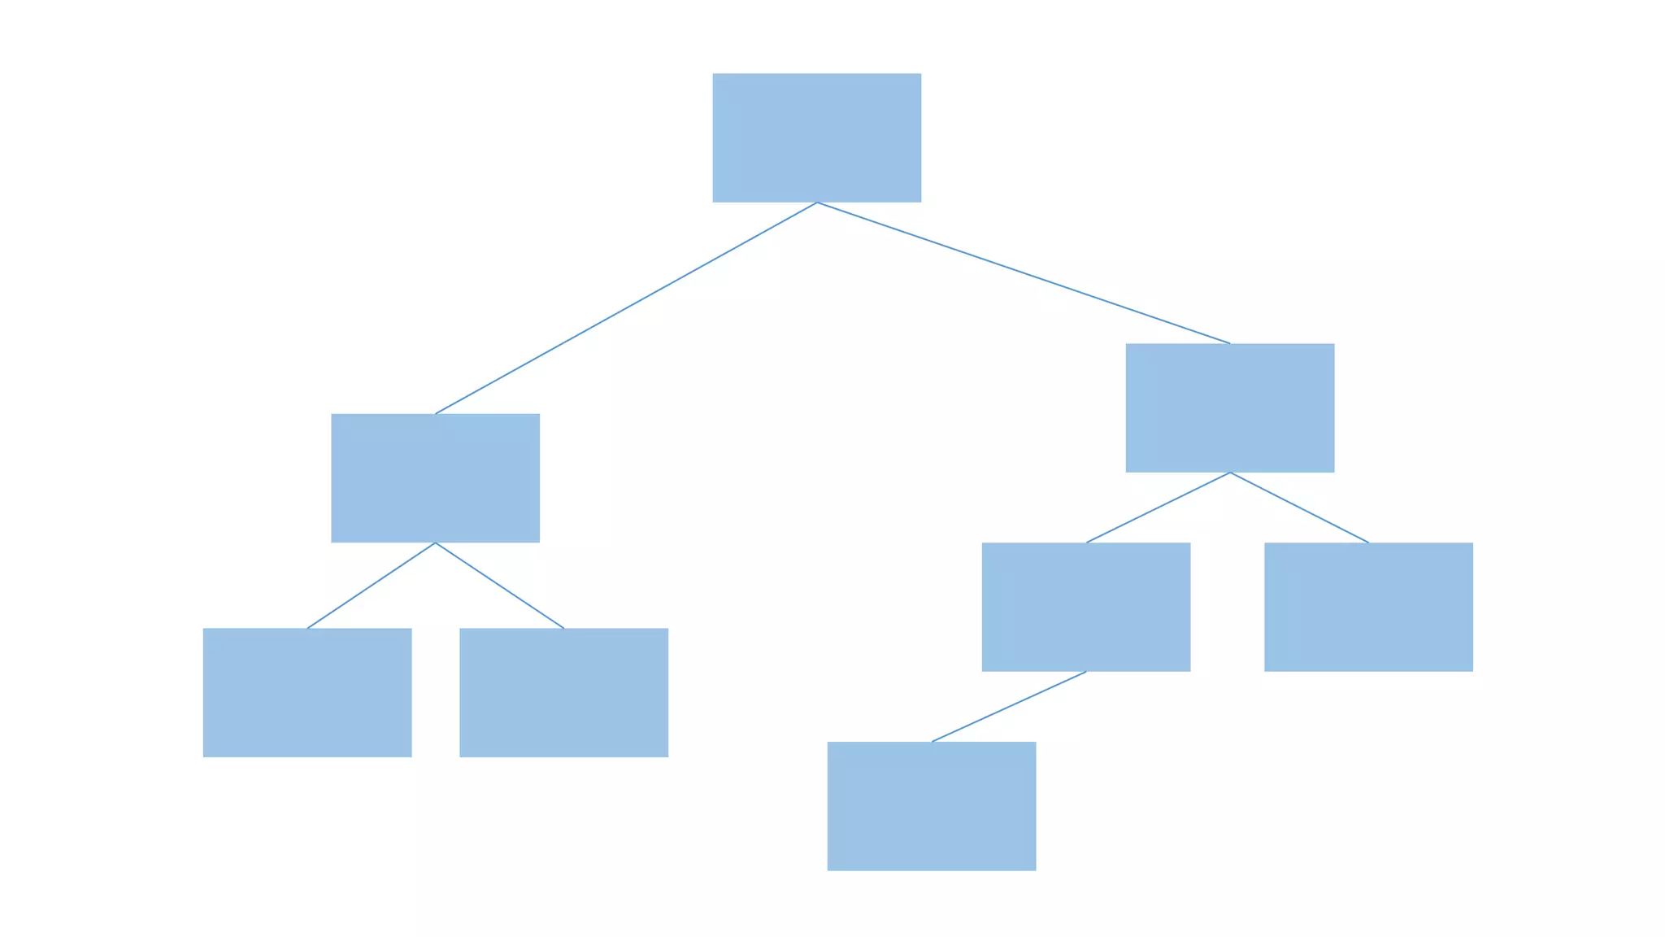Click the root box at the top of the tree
816,137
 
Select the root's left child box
435,477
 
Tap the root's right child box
1229,407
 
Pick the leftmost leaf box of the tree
306,692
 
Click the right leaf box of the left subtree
563,692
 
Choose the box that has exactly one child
1085,607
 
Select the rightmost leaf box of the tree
1368,607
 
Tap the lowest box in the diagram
931,806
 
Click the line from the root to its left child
626,308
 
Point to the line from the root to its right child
1023,272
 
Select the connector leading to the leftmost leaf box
371,586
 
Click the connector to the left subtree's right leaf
499,586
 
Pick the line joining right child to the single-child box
1158,508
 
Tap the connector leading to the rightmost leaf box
1299,508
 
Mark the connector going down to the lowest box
1008,707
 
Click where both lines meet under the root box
816,203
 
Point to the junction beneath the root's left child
435,543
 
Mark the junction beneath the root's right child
1230,473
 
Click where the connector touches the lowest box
932,742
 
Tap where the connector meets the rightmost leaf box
1368,543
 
